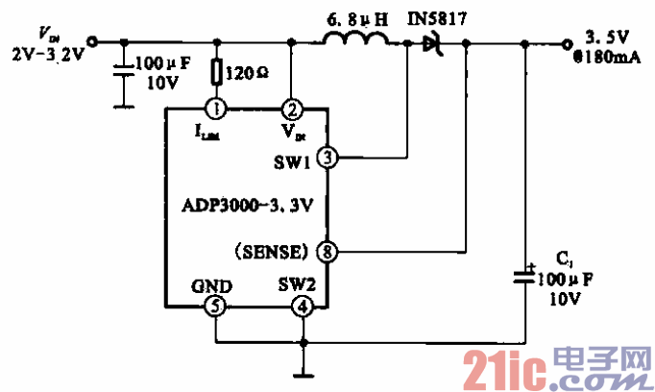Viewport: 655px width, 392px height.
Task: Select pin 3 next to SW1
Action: click(328, 158)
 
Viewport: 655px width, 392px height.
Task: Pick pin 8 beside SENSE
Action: click(328, 252)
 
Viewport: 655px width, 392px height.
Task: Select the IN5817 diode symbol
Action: click(426, 42)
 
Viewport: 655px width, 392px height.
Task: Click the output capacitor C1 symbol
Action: click(525, 276)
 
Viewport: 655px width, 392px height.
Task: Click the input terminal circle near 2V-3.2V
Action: click(92, 42)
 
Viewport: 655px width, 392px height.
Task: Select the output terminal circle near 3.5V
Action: click(567, 42)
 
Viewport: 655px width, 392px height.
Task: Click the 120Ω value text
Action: click(247, 71)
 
